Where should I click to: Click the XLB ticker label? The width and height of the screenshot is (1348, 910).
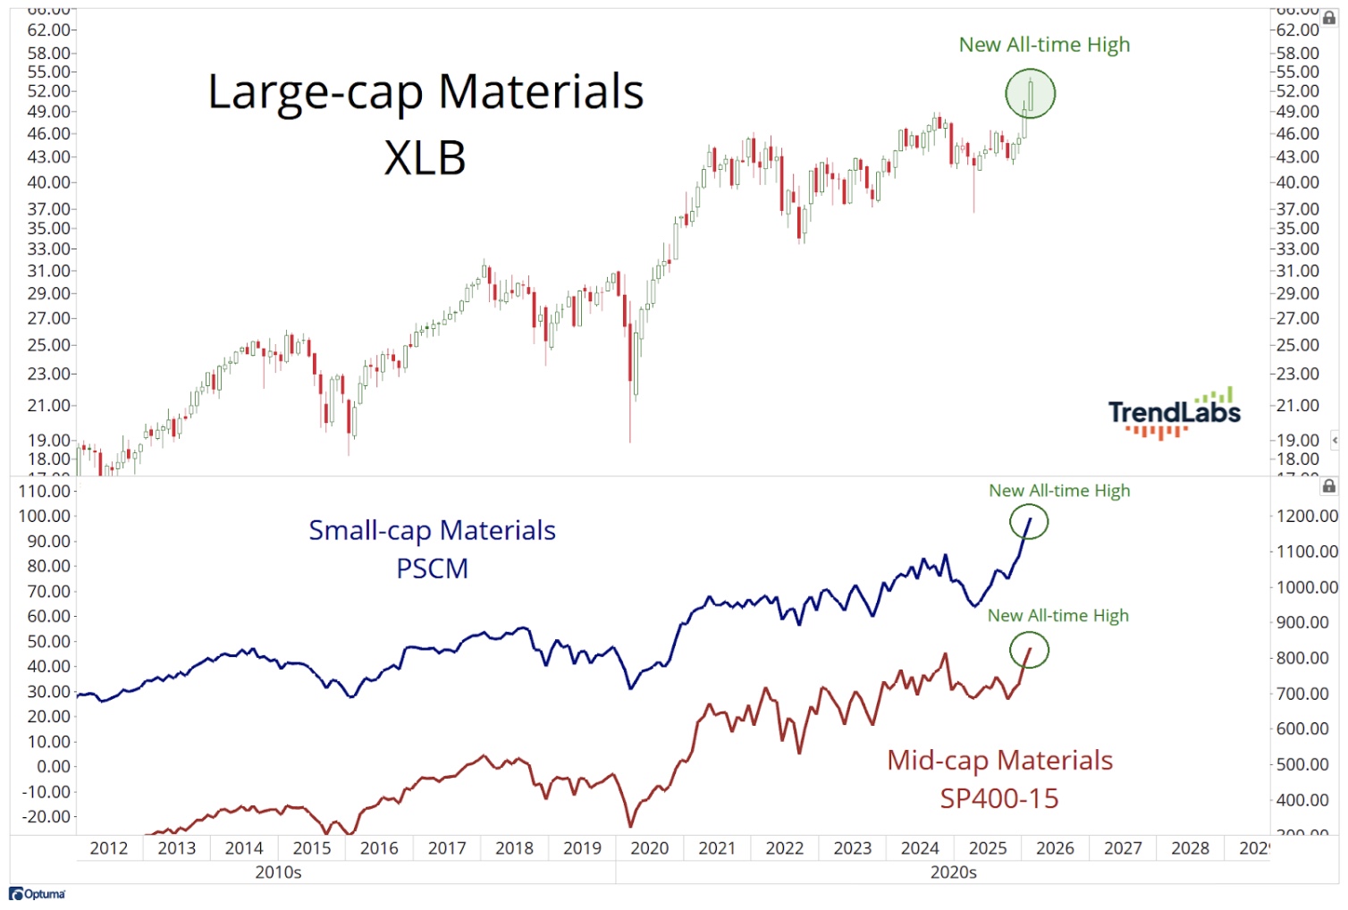(425, 158)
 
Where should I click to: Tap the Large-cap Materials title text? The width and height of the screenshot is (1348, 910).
(425, 92)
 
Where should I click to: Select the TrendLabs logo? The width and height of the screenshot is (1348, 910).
(1174, 413)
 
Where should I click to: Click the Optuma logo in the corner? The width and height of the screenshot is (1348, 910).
(38, 894)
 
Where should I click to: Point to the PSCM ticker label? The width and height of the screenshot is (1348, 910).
(432, 569)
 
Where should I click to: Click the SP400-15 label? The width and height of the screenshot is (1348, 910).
(998, 798)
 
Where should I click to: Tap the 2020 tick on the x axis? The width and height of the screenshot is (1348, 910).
(649, 848)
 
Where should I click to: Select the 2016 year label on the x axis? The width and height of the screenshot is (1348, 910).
(379, 848)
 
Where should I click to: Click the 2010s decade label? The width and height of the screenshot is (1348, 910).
(278, 872)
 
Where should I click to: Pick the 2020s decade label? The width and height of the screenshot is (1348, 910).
(953, 872)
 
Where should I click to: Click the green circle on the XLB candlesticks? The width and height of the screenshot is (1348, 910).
(1030, 94)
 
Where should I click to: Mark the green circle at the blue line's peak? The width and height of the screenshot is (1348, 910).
(1028, 522)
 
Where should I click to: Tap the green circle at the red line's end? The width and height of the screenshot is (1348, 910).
(1029, 651)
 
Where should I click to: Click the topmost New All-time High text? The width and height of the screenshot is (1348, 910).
(1044, 45)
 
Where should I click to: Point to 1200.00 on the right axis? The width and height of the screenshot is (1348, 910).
(1306, 516)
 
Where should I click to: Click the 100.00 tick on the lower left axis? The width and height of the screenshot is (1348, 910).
(44, 516)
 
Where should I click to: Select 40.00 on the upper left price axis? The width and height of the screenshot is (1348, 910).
(48, 182)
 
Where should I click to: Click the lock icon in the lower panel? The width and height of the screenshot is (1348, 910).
(1329, 486)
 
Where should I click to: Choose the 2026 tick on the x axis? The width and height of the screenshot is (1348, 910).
(1055, 848)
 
